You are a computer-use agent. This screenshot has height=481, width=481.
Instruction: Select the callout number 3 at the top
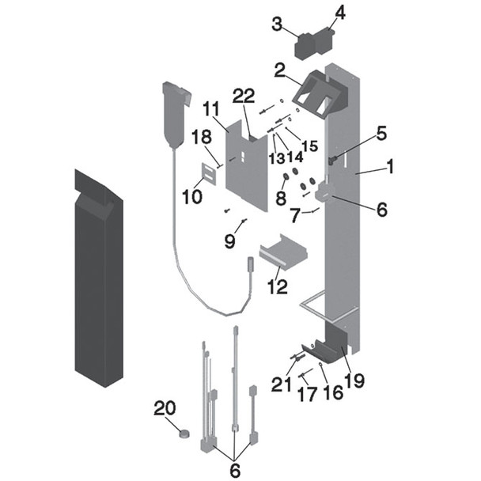[277, 25]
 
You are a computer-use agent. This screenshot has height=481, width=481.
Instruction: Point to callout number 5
[381, 134]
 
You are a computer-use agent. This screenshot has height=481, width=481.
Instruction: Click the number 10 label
[191, 195]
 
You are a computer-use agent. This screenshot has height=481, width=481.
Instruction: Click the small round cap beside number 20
[184, 433]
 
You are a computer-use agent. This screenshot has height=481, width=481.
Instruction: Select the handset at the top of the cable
[174, 111]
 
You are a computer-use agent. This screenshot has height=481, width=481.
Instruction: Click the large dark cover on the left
[98, 277]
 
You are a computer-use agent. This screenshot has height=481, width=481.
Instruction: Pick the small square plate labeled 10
[210, 174]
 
